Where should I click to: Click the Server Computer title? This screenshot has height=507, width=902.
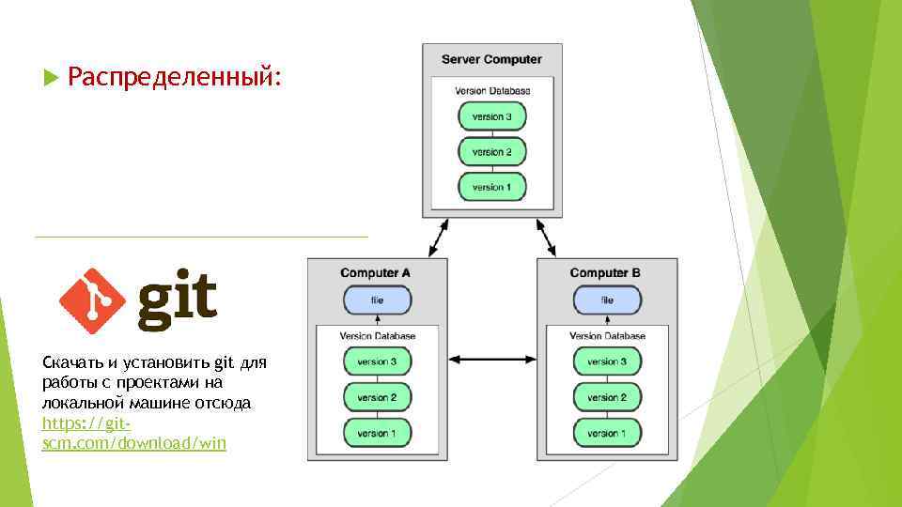(x=491, y=59)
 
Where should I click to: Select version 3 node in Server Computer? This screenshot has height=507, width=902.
(x=491, y=116)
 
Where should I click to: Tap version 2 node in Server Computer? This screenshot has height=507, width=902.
(x=491, y=151)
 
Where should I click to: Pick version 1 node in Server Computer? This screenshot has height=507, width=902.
(x=491, y=187)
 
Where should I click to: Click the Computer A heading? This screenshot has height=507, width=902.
(x=376, y=273)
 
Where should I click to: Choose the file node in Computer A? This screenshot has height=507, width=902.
(x=377, y=300)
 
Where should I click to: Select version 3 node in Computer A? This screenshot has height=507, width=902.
(x=377, y=361)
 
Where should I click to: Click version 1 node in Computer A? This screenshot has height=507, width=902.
(x=377, y=433)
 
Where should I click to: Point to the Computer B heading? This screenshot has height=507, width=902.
(x=606, y=273)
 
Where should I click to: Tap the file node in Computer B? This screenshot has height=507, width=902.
(x=607, y=300)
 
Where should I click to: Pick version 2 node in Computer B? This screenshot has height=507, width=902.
(x=607, y=397)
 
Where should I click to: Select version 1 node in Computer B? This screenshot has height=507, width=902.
(x=607, y=433)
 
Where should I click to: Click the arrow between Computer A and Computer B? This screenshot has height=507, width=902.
(x=491, y=360)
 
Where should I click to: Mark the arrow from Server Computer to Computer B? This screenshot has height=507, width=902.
(x=546, y=238)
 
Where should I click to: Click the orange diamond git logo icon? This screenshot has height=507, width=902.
(x=92, y=300)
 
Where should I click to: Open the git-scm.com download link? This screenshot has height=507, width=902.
(x=133, y=434)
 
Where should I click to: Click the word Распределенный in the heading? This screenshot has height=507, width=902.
(x=175, y=76)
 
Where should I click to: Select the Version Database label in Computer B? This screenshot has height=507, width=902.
(x=607, y=335)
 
